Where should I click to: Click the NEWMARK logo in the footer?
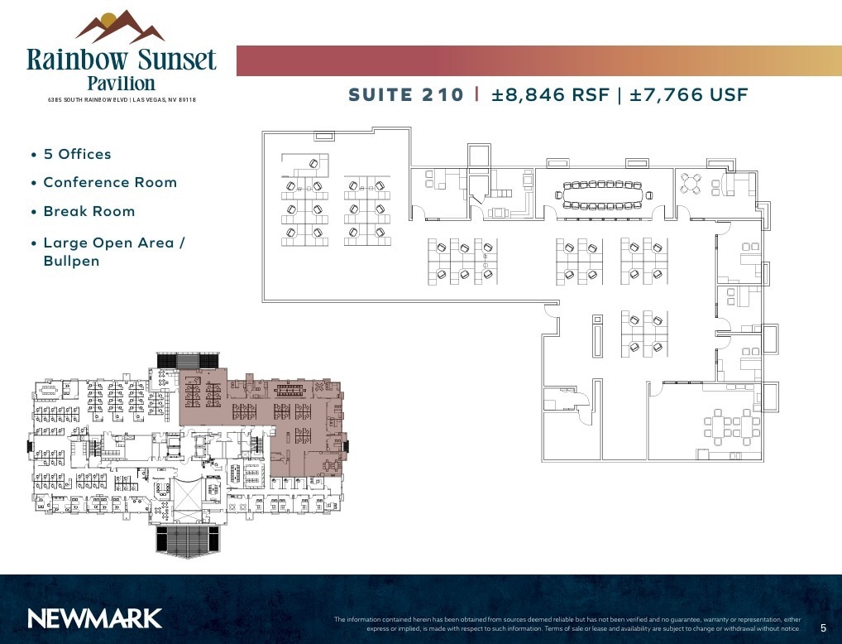pyautogui.click(x=94, y=618)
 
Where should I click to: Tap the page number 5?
pyautogui.click(x=823, y=628)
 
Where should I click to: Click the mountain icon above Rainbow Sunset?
pyautogui.click(x=121, y=26)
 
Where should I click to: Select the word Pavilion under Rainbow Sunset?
pyautogui.click(x=121, y=83)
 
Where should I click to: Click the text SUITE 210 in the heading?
pyautogui.click(x=406, y=94)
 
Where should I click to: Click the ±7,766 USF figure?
pyautogui.click(x=689, y=94)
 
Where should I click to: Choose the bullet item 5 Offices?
pyautogui.click(x=77, y=154)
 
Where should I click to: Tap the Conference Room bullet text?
pyautogui.click(x=110, y=182)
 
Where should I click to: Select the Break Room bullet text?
pyautogui.click(x=89, y=211)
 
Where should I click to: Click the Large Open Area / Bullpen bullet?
pyautogui.click(x=113, y=252)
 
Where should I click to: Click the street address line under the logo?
pyautogui.click(x=121, y=100)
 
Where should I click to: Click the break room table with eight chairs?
pyautogui.click(x=731, y=426)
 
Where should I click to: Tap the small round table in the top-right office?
pyautogui.click(x=691, y=184)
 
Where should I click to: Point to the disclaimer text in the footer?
pyautogui.click(x=567, y=623)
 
